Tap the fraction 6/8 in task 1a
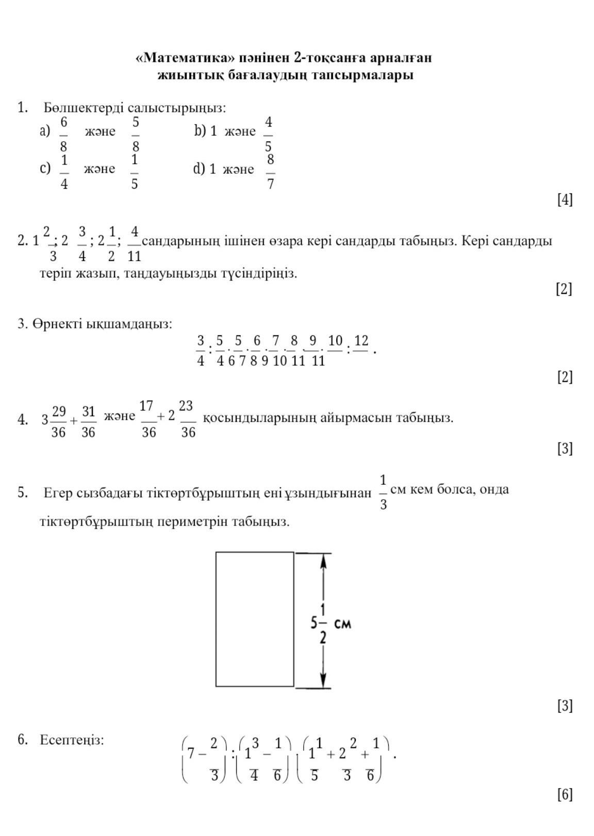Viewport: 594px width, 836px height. coord(63,134)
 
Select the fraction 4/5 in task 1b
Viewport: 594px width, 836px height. coord(268,134)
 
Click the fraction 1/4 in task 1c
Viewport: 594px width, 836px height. coord(64,171)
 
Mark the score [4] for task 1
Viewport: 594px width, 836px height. coord(565,200)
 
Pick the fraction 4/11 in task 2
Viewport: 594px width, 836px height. coord(134,243)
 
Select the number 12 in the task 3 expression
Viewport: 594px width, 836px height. coord(361,341)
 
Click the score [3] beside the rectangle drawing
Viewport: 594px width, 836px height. coord(565,706)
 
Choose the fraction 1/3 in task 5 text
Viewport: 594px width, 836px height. coord(383,493)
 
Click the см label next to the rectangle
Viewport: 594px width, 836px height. coord(343,624)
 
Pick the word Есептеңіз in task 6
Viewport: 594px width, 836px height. coord(72,740)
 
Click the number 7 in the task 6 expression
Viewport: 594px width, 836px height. coord(191,753)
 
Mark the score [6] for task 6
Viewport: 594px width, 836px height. coord(565,795)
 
